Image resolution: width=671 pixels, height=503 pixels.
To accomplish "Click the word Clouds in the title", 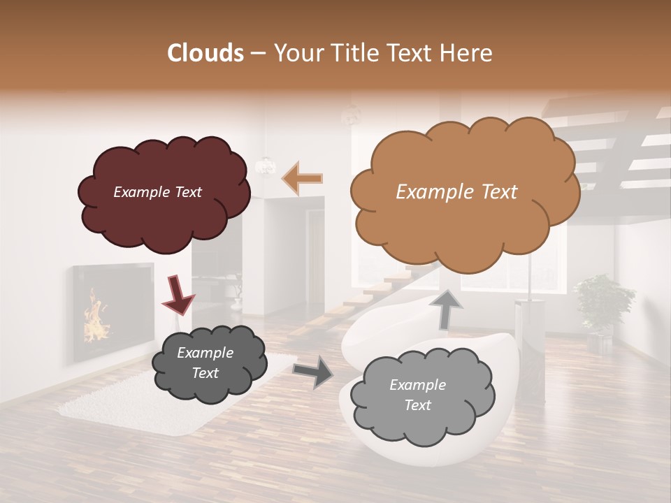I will coord(205,53).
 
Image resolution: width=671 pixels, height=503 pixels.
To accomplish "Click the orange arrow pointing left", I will coord(302,178).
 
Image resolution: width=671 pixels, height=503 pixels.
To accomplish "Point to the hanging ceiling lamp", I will coord(266,165).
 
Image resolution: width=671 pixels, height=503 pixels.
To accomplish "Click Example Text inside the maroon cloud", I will coord(157,192).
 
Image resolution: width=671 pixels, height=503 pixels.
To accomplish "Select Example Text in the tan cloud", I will coord(456,192).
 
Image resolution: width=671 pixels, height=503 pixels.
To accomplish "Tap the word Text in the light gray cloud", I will coord(417,405).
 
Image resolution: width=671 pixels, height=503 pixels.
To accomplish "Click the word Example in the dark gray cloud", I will coord(205,353).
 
